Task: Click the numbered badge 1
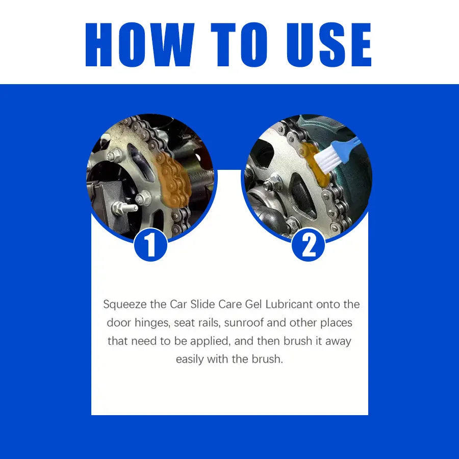click(x=150, y=245)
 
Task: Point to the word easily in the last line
click(x=193, y=359)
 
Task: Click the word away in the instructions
click(x=336, y=341)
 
